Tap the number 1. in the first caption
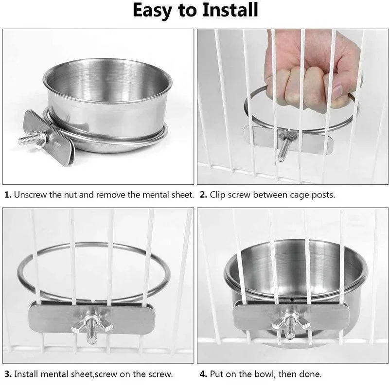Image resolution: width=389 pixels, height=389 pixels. (8, 195)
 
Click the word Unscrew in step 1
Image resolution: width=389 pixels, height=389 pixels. (30, 195)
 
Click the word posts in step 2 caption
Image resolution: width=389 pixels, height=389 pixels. (321, 195)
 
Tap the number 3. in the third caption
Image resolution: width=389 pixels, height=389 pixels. (8, 374)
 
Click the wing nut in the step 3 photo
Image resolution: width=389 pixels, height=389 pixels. (91, 323)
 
